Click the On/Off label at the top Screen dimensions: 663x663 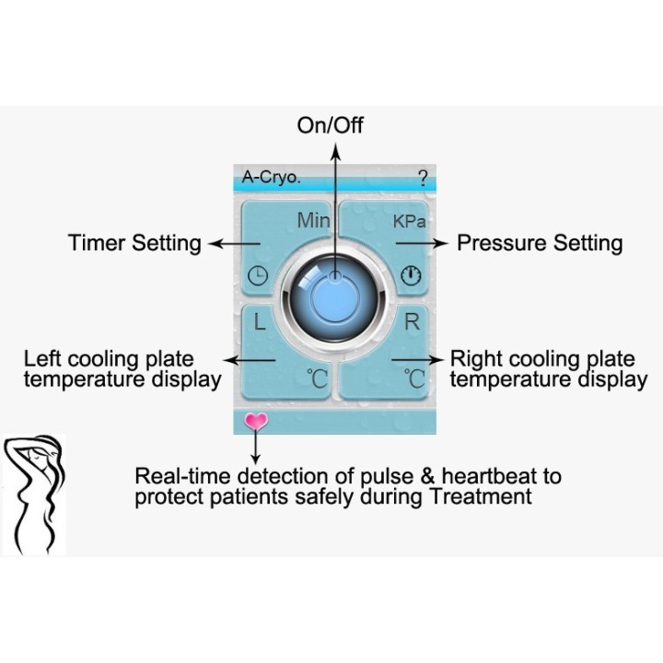click(330, 125)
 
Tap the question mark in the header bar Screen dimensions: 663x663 click(423, 179)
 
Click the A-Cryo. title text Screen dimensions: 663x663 click(271, 177)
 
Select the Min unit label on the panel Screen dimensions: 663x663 click(313, 220)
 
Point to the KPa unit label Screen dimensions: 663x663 click(409, 222)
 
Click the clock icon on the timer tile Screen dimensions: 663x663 click(258, 276)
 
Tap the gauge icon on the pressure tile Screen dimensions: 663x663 click(411, 275)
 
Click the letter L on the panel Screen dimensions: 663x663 click(260, 321)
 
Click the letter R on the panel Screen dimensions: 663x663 click(413, 321)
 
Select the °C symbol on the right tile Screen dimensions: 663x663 click(414, 378)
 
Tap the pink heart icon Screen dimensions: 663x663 click(256, 422)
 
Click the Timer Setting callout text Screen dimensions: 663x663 click(134, 243)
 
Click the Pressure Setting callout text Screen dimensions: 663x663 click(540, 243)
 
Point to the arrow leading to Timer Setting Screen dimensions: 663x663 click(235, 243)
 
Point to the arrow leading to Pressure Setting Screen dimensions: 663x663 click(422, 243)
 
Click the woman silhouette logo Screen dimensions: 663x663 click(34, 494)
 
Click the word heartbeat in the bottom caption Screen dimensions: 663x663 click(489, 476)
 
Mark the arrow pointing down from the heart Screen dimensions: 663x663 click(255, 446)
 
